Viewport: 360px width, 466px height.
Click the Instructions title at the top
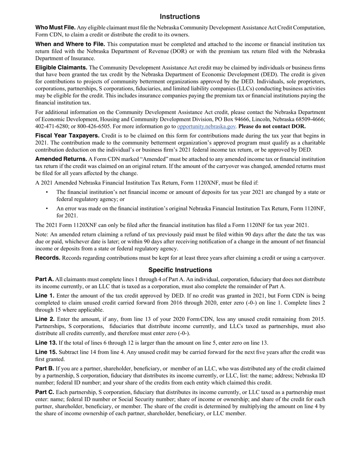click(x=180, y=17)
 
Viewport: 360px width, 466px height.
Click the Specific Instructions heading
click(x=180, y=270)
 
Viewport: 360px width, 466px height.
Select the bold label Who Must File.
click(x=55, y=28)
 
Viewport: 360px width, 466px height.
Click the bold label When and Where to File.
click(x=70, y=44)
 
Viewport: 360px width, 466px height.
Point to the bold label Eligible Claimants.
click(x=61, y=68)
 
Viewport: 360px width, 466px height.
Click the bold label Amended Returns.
click(x=61, y=159)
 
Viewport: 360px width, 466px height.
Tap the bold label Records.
click(x=48, y=258)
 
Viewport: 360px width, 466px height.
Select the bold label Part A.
click(x=44, y=279)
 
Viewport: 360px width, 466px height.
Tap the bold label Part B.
click(x=44, y=368)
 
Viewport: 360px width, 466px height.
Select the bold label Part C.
click(x=45, y=392)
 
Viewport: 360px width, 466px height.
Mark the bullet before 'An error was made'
click(x=47, y=208)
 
